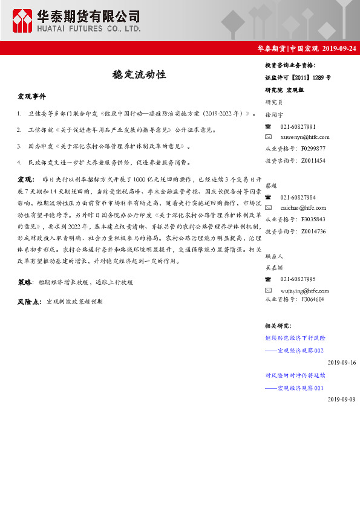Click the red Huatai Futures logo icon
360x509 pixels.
pyautogui.click(x=23, y=21)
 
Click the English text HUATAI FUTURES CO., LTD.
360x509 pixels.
pyautogui.click(x=89, y=28)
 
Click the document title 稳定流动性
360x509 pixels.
pyautogui.click(x=139, y=75)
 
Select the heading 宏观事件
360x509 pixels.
pyautogui.click(x=32, y=97)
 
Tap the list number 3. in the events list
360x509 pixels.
pyautogui.click(x=20, y=146)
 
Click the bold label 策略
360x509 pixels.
pyautogui.click(x=25, y=282)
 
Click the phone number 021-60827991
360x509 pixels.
pyautogui.click(x=298, y=126)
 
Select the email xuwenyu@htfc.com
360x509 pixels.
pyautogui.click(x=304, y=137)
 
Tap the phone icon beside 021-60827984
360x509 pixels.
pyautogui.click(x=269, y=197)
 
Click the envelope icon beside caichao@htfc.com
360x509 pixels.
pyautogui.click(x=269, y=208)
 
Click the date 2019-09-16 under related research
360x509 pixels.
pyautogui.click(x=342, y=362)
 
